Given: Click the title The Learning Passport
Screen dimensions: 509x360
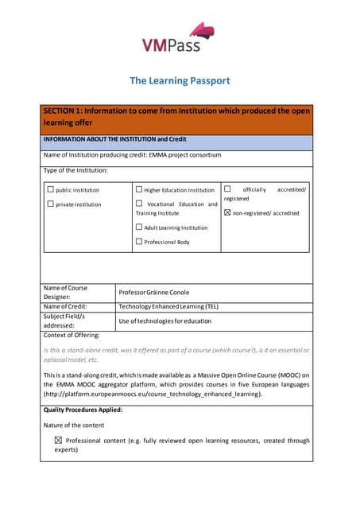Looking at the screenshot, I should click(x=180, y=80).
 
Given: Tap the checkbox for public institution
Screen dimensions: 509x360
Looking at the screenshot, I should click(x=51, y=190).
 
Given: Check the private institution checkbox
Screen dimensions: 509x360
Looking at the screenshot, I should click(x=51, y=204).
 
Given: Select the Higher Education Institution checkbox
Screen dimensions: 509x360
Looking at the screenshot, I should click(x=139, y=190).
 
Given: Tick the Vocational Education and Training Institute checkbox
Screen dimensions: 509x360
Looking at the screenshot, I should click(x=139, y=204).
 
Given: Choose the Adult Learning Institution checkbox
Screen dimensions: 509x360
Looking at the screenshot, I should click(x=139, y=227).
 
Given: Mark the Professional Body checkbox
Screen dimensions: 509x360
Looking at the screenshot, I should click(x=139, y=241).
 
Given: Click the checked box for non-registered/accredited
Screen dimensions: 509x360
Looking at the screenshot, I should click(x=227, y=213).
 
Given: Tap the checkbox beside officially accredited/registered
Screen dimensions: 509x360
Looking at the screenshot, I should click(x=227, y=189).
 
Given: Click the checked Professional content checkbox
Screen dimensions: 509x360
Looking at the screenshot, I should click(x=57, y=440).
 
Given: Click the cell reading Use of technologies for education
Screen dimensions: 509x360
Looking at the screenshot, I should click(x=165, y=321).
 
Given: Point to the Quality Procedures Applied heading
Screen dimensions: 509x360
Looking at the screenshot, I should click(x=83, y=410).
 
